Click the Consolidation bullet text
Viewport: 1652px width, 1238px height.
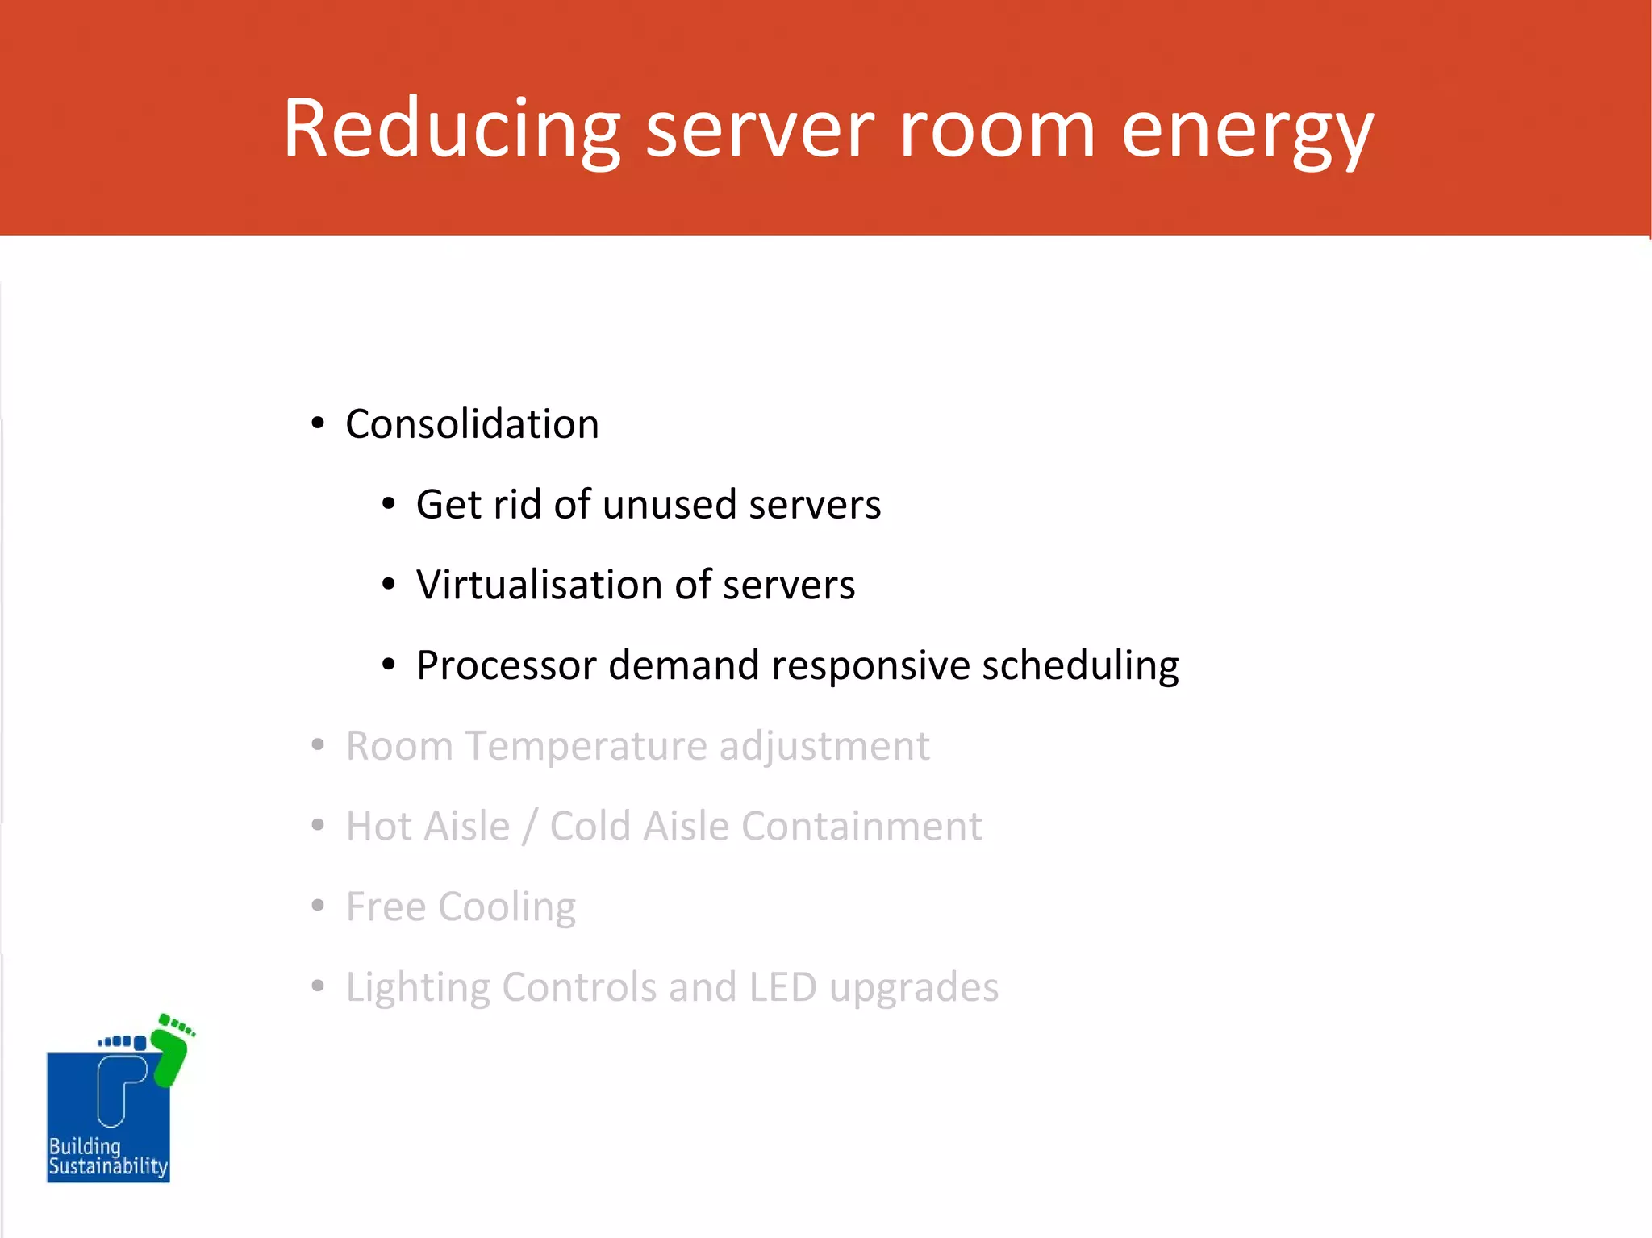(x=472, y=424)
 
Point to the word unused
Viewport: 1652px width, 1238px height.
(x=670, y=505)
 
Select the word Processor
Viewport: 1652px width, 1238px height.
(x=506, y=665)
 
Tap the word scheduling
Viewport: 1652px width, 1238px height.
(x=1080, y=667)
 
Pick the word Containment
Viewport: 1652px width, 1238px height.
(x=861, y=826)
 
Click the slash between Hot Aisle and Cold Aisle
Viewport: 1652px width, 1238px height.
(x=529, y=827)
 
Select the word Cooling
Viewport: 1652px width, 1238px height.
(x=507, y=907)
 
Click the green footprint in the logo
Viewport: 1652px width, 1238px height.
(x=171, y=1053)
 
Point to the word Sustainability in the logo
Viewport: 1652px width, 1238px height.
(x=108, y=1167)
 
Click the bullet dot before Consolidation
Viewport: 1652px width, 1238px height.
(x=318, y=423)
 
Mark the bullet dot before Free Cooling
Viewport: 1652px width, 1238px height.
(x=318, y=906)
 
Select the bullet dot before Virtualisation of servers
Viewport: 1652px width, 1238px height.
(x=389, y=584)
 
